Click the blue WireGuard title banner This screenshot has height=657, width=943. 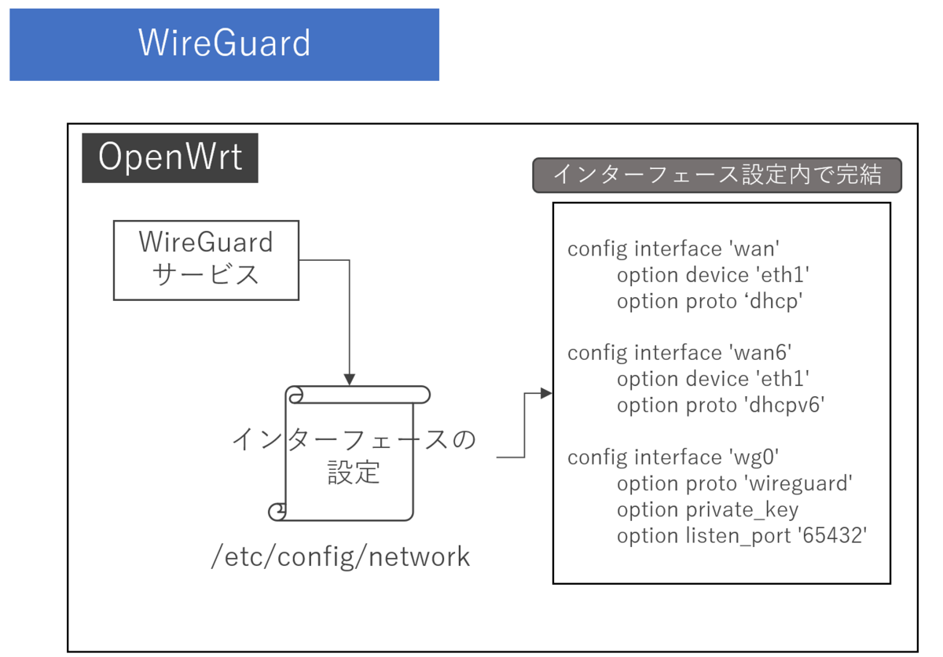(x=224, y=44)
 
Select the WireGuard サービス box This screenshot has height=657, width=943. (x=206, y=260)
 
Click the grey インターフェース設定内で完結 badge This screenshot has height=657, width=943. (x=717, y=175)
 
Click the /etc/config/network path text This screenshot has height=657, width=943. (x=341, y=557)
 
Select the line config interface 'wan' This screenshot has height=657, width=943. (x=673, y=249)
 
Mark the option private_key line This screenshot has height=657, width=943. (x=707, y=509)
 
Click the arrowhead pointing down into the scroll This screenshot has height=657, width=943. (x=350, y=379)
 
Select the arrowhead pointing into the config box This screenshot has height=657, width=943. (x=547, y=393)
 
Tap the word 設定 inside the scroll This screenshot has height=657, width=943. (x=353, y=472)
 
